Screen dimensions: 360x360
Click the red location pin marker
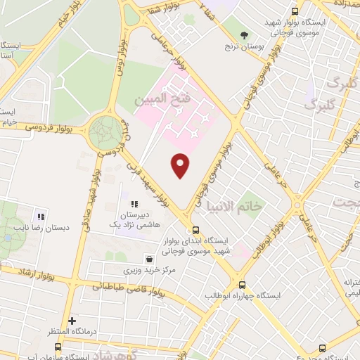click(x=181, y=165)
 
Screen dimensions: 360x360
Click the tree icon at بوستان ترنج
click(x=245, y=34)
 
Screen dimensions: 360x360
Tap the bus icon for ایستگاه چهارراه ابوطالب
click(x=243, y=285)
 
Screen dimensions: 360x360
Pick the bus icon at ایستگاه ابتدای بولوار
click(x=195, y=230)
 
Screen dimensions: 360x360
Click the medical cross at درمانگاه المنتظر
click(x=72, y=321)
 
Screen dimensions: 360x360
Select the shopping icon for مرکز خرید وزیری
click(x=147, y=258)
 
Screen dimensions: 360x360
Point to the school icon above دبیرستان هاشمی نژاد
click(x=133, y=204)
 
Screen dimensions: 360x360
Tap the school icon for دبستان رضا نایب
click(x=41, y=217)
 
